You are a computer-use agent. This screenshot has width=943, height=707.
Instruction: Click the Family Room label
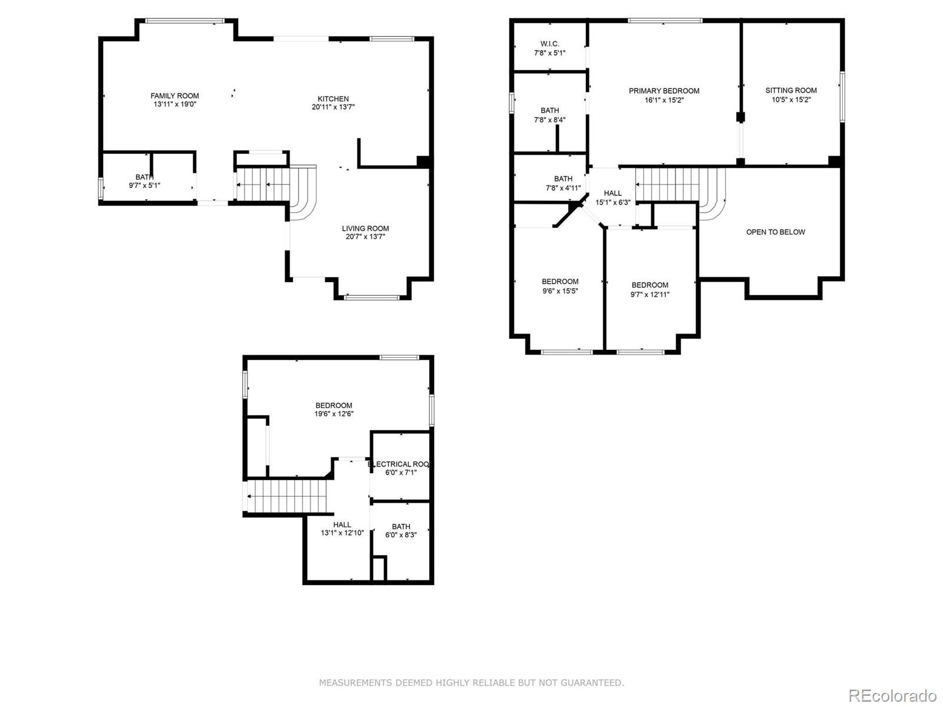pyautogui.click(x=174, y=96)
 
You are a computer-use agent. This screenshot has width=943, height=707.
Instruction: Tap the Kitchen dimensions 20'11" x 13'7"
pyautogui.click(x=333, y=107)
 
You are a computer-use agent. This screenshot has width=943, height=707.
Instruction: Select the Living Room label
pyautogui.click(x=365, y=229)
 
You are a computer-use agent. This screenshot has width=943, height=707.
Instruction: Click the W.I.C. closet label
pyautogui.click(x=549, y=44)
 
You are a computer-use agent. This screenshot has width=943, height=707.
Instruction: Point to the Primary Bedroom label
pyautogui.click(x=664, y=91)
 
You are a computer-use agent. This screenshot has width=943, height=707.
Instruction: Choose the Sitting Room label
pyautogui.click(x=791, y=90)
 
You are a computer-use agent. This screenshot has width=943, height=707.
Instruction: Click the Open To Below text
pyautogui.click(x=775, y=232)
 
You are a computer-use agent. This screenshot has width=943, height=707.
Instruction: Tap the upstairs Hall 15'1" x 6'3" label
pyautogui.click(x=612, y=197)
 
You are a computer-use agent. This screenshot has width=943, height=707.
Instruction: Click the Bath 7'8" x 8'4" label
pyautogui.click(x=549, y=115)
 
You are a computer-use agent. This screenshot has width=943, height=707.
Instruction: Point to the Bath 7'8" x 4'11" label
pyautogui.click(x=563, y=183)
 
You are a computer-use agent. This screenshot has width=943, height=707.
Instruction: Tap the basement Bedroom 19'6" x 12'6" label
pyautogui.click(x=334, y=409)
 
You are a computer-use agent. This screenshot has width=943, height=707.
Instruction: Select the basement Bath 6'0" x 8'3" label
pyautogui.click(x=401, y=531)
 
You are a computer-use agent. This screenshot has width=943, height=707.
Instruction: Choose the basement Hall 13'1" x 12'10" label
pyautogui.click(x=342, y=528)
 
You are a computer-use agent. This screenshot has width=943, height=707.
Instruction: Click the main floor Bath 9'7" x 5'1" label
pyautogui.click(x=144, y=181)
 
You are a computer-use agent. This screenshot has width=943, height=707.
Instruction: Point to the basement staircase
pyautogui.click(x=287, y=496)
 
